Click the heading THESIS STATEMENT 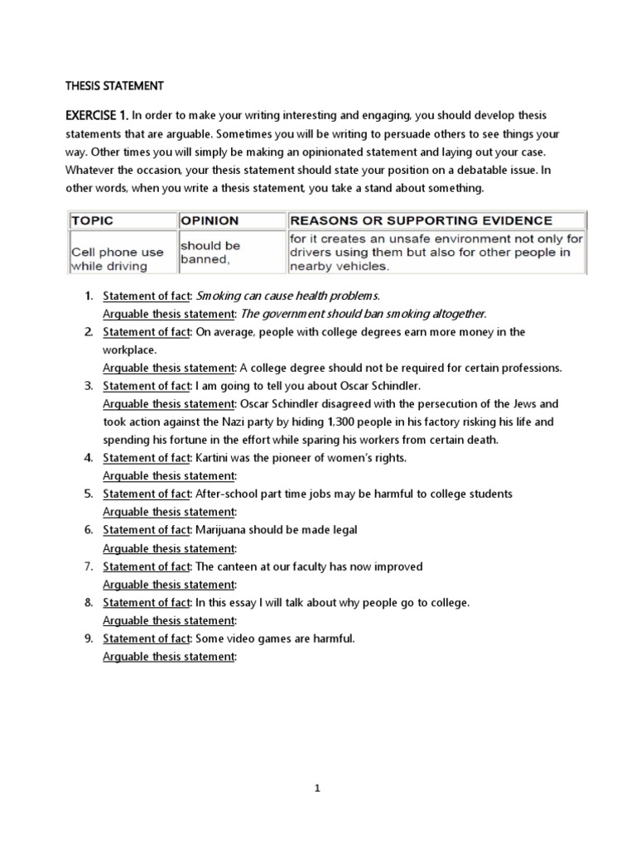[115, 85]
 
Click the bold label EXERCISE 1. [94, 115]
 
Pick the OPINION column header [210, 221]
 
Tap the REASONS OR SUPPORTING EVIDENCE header [420, 221]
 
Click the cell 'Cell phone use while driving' [117, 258]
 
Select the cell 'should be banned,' [210, 253]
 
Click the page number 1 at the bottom [317, 789]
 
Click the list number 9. [89, 638]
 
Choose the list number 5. [89, 494]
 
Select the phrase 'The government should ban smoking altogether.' [364, 314]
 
